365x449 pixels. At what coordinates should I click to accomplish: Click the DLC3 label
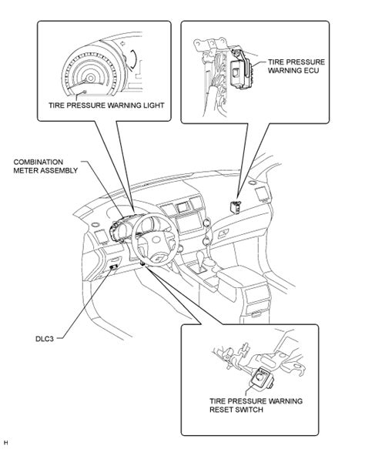[45, 339]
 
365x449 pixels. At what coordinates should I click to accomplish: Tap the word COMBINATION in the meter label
[39, 162]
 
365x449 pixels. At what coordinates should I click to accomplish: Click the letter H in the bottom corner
[5, 443]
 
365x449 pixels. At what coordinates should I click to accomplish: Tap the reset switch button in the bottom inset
[261, 377]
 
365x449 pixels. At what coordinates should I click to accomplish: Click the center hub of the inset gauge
[90, 78]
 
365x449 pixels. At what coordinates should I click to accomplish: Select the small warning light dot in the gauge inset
[85, 92]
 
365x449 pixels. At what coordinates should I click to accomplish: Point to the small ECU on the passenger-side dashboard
[236, 207]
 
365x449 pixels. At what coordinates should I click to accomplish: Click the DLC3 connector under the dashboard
[114, 267]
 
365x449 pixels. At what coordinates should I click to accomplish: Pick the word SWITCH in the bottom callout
[249, 410]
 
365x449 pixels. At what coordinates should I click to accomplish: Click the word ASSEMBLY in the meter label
[60, 170]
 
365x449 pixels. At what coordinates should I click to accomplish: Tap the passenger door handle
[223, 233]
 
